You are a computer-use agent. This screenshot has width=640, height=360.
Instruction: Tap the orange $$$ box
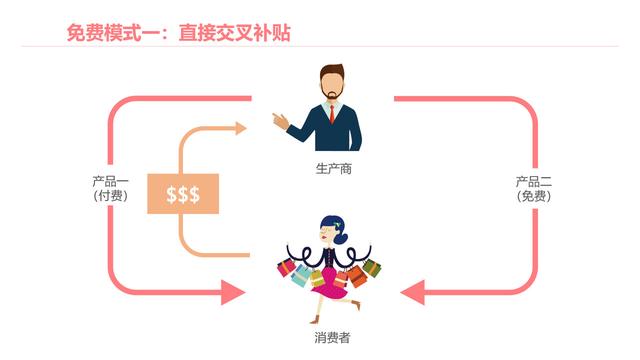(x=183, y=194)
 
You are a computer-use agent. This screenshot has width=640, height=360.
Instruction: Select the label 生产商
(x=333, y=169)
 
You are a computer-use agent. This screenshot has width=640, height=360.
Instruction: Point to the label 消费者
(x=332, y=339)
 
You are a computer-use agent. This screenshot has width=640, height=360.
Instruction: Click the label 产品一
(x=105, y=181)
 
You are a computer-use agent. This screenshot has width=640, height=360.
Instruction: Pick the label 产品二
(x=534, y=182)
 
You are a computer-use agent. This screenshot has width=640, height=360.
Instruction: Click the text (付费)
(x=105, y=196)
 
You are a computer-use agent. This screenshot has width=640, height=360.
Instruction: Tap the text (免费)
(x=534, y=196)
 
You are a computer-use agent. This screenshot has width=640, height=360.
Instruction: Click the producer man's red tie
(x=334, y=119)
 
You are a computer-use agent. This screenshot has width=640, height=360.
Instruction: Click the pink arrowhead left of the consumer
(x=232, y=293)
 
